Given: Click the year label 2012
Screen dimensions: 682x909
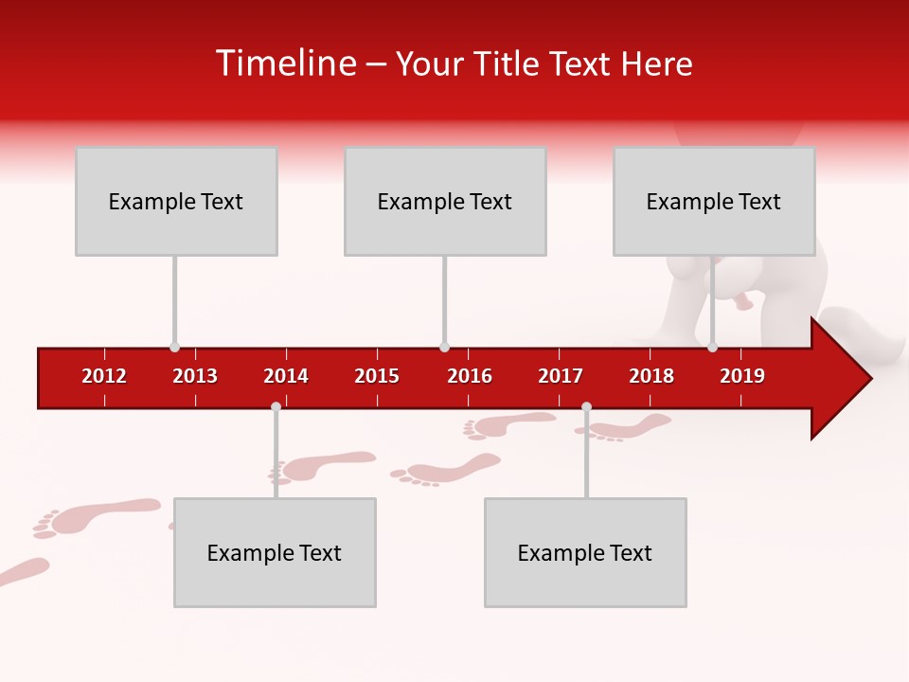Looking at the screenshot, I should point(104,376).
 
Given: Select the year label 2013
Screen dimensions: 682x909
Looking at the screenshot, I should point(195,376).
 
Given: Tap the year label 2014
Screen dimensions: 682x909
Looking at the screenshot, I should point(286,376).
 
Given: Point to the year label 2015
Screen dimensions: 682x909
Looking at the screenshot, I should point(377,376).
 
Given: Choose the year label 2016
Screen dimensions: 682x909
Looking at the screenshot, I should point(470,376).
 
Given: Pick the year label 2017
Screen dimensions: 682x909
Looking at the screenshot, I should point(561,376).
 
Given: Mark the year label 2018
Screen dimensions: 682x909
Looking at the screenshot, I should point(651,376).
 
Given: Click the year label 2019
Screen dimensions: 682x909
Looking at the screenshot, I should point(742,376).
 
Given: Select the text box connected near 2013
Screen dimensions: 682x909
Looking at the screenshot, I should point(176,201).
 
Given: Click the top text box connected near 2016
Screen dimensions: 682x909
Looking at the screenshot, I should point(445,201).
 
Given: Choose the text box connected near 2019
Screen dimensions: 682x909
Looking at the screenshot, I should point(714,201).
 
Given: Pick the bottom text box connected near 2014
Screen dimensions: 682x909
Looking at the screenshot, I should point(275,552).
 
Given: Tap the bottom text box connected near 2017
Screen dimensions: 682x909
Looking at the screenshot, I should point(585,552).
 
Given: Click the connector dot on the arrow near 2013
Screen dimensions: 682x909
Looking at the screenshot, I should point(174,347).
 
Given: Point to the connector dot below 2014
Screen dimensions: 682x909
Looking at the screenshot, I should point(276,406).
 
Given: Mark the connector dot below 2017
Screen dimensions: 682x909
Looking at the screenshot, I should point(586,406).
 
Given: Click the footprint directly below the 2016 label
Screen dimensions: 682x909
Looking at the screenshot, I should point(507,425).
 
